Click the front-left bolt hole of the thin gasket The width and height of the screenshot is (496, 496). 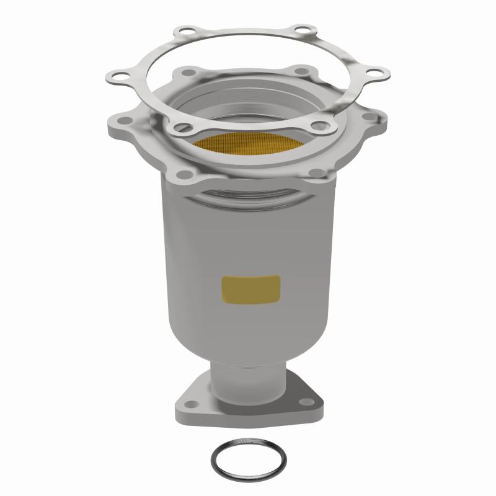pyautogui.click(x=180, y=127)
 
